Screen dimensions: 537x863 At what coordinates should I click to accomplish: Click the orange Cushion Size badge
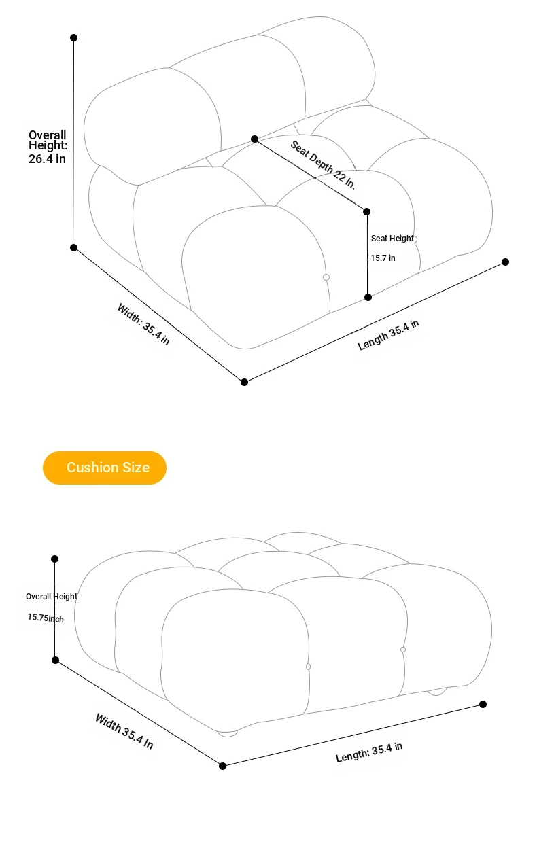pyautogui.click(x=105, y=468)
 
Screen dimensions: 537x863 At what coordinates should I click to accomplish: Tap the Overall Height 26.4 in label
pyautogui.click(x=48, y=147)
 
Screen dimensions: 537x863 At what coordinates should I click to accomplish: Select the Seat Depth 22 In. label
pyautogui.click(x=322, y=165)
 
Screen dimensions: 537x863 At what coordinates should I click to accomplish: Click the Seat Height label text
pyautogui.click(x=392, y=239)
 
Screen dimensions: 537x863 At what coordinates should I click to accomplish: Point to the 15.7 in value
pyautogui.click(x=383, y=258)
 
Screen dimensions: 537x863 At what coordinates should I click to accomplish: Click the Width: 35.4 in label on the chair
pyautogui.click(x=143, y=324)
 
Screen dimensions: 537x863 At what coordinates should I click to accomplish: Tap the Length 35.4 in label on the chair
pyautogui.click(x=388, y=335)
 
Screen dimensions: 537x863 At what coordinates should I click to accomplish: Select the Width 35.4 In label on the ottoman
pyautogui.click(x=124, y=731)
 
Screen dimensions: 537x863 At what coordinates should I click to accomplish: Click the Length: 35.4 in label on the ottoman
pyautogui.click(x=369, y=752)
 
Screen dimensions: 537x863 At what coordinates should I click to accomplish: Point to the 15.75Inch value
pyautogui.click(x=46, y=618)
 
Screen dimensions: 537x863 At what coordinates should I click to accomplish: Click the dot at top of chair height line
pyautogui.click(x=73, y=37)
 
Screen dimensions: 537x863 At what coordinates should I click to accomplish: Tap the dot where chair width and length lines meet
pyautogui.click(x=244, y=382)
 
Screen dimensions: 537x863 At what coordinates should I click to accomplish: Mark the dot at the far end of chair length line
pyautogui.click(x=505, y=262)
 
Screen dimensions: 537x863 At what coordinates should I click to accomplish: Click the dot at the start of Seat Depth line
pyautogui.click(x=254, y=139)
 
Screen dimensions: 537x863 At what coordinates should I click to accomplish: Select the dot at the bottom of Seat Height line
pyautogui.click(x=368, y=297)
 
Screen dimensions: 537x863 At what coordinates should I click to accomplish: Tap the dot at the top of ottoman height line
pyautogui.click(x=55, y=559)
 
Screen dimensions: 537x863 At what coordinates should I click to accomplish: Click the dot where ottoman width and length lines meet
pyautogui.click(x=222, y=766)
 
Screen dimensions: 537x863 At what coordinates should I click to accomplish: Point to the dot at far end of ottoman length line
pyautogui.click(x=483, y=704)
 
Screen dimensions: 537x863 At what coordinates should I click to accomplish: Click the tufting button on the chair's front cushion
pyautogui.click(x=326, y=277)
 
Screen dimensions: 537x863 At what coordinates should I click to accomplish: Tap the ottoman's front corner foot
pyautogui.click(x=228, y=734)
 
